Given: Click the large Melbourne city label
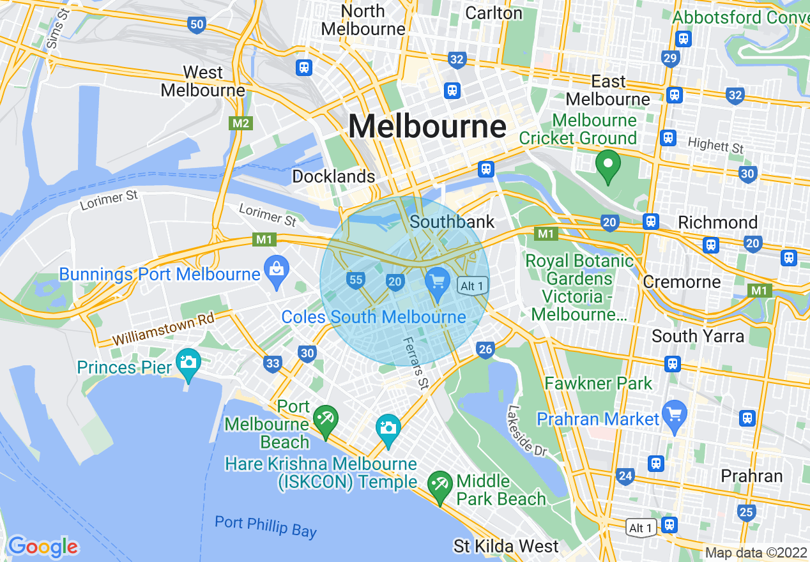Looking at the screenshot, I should click(x=427, y=126).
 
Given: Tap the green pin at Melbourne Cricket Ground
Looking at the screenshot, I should click(x=607, y=165).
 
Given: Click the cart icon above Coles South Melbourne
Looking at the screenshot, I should click(x=438, y=282).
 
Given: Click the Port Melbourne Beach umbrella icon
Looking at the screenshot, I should click(x=326, y=420).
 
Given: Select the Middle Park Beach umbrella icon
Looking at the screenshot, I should click(x=439, y=485).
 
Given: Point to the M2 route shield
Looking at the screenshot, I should click(x=240, y=123).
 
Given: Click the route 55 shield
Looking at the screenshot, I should click(x=356, y=280).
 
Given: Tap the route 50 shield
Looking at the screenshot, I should click(x=197, y=25).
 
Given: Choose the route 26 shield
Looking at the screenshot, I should click(x=485, y=349).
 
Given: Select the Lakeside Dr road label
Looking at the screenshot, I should click(x=528, y=430).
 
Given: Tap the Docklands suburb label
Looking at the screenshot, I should click(x=333, y=176).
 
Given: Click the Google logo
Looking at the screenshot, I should click(x=43, y=547).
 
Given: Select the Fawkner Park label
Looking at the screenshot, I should click(x=599, y=383).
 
